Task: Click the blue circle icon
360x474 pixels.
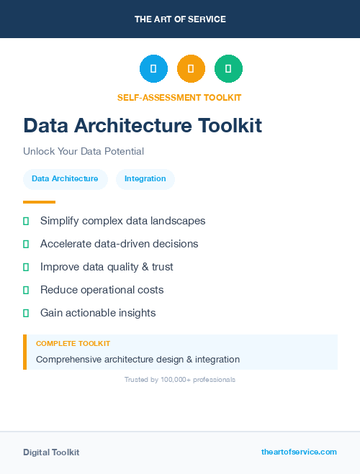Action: pyautogui.click(x=153, y=68)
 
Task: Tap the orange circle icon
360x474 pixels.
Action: pyautogui.click(x=191, y=68)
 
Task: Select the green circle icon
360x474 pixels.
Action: pyautogui.click(x=228, y=68)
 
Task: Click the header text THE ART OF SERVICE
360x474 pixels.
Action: pyautogui.click(x=180, y=19)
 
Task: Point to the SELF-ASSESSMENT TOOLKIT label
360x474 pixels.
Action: pyautogui.click(x=179, y=97)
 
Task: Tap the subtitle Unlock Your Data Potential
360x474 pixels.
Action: pyautogui.click(x=84, y=152)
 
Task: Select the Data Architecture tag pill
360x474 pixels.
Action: pyautogui.click(x=65, y=179)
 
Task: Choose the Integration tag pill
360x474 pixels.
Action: pyautogui.click(x=145, y=179)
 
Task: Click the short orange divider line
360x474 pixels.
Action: pyautogui.click(x=39, y=202)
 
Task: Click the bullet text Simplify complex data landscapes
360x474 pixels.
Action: pyautogui.click(x=122, y=221)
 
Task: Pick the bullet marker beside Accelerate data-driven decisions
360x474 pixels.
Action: pyautogui.click(x=26, y=244)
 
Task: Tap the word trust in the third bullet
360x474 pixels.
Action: pyautogui.click(x=163, y=267)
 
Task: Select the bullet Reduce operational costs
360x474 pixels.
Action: pyautogui.click(x=102, y=290)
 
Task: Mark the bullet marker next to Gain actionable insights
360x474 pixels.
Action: pyautogui.click(x=26, y=313)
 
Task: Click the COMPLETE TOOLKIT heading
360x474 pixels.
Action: pyautogui.click(x=73, y=344)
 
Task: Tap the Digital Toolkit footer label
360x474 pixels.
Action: pyautogui.click(x=51, y=452)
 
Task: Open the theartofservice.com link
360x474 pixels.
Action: pyautogui.click(x=299, y=452)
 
